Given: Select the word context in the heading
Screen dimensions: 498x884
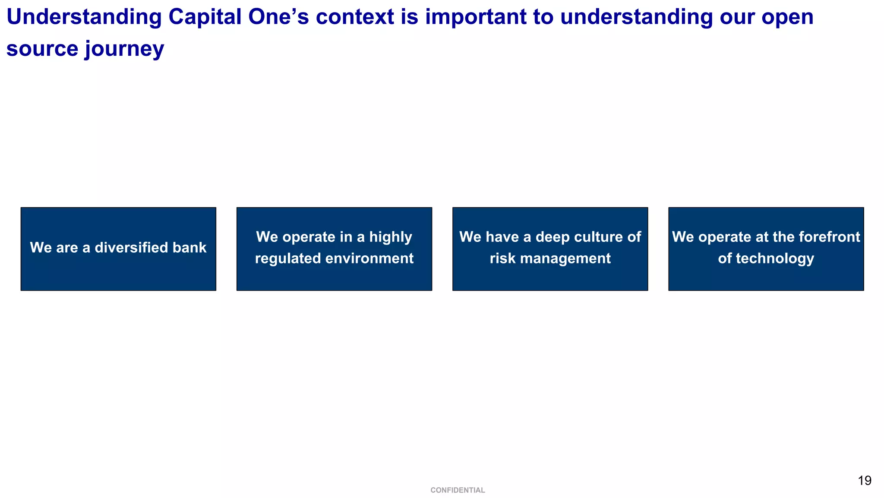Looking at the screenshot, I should pos(355,17).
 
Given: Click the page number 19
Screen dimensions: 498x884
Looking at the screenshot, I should pos(865,481).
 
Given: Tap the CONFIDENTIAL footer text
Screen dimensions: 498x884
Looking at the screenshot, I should pos(458,490).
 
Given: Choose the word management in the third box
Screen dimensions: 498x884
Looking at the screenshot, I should pos(563,258).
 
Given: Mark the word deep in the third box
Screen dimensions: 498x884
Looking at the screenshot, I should pos(552,237).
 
